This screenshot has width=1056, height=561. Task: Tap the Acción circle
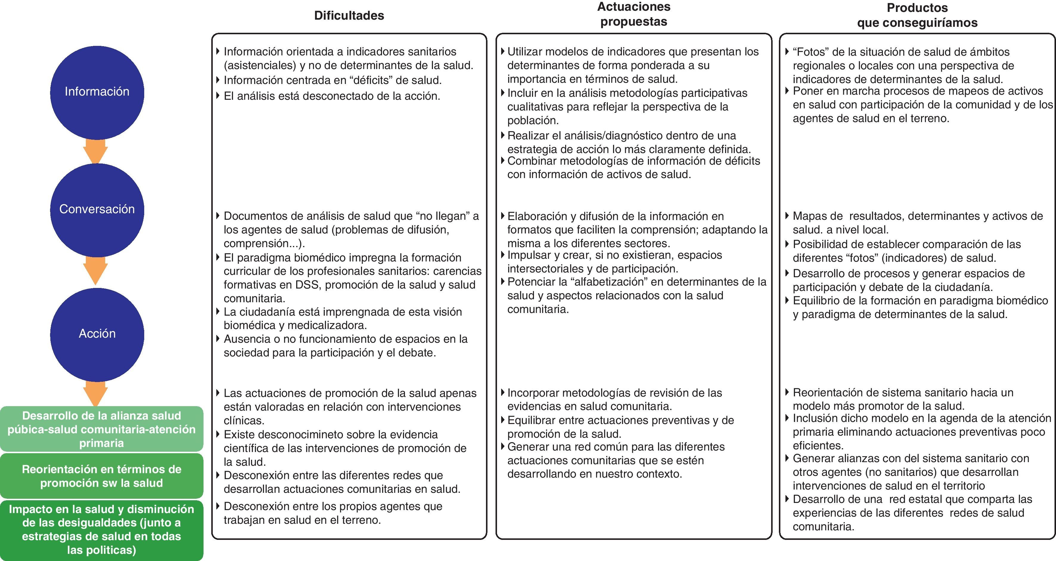tap(97, 334)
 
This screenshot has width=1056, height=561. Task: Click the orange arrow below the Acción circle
tap(96, 393)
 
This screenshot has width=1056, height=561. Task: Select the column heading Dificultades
tap(349, 15)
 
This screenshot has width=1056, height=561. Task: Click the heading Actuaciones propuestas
tap(633, 14)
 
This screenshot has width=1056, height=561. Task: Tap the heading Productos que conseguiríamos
tap(917, 15)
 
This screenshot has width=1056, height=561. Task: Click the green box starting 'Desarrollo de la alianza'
tap(101, 429)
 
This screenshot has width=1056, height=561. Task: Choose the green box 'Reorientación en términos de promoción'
tap(101, 476)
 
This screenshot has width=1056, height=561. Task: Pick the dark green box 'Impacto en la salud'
tap(101, 529)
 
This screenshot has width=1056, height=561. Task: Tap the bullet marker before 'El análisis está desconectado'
tap(218, 96)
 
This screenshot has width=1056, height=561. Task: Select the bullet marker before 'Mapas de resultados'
tap(787, 216)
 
